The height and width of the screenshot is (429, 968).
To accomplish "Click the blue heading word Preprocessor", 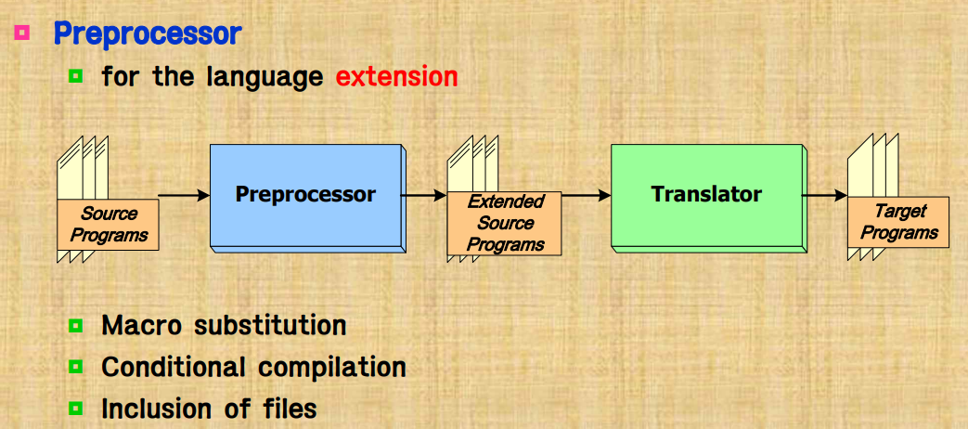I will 147,33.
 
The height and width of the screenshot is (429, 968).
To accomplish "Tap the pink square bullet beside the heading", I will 21,32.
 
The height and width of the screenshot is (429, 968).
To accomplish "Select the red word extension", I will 396,76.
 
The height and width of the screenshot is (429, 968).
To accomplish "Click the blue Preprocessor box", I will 305,195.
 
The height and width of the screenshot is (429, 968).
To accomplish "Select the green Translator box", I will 706,195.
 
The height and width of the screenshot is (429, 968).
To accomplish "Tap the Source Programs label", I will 109,225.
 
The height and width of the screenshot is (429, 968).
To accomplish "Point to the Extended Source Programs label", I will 505,223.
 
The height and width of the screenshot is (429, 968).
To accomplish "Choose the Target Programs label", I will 898,222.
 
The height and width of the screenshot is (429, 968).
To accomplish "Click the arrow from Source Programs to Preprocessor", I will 184,195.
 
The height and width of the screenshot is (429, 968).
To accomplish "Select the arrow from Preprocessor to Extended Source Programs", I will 425,195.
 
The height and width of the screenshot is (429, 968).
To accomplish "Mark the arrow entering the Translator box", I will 586,195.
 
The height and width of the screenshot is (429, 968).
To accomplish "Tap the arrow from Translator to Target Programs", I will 824,195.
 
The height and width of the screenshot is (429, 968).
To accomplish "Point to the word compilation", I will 332,368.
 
